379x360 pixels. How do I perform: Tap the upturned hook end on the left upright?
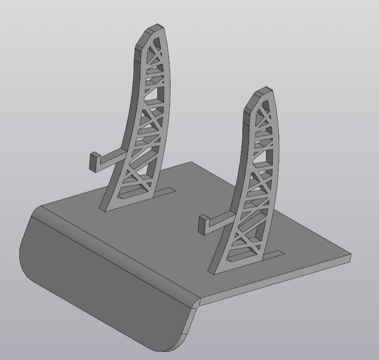point(94,162)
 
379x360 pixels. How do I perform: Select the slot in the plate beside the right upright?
point(272,255)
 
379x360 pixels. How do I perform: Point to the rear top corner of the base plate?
point(191,162)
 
